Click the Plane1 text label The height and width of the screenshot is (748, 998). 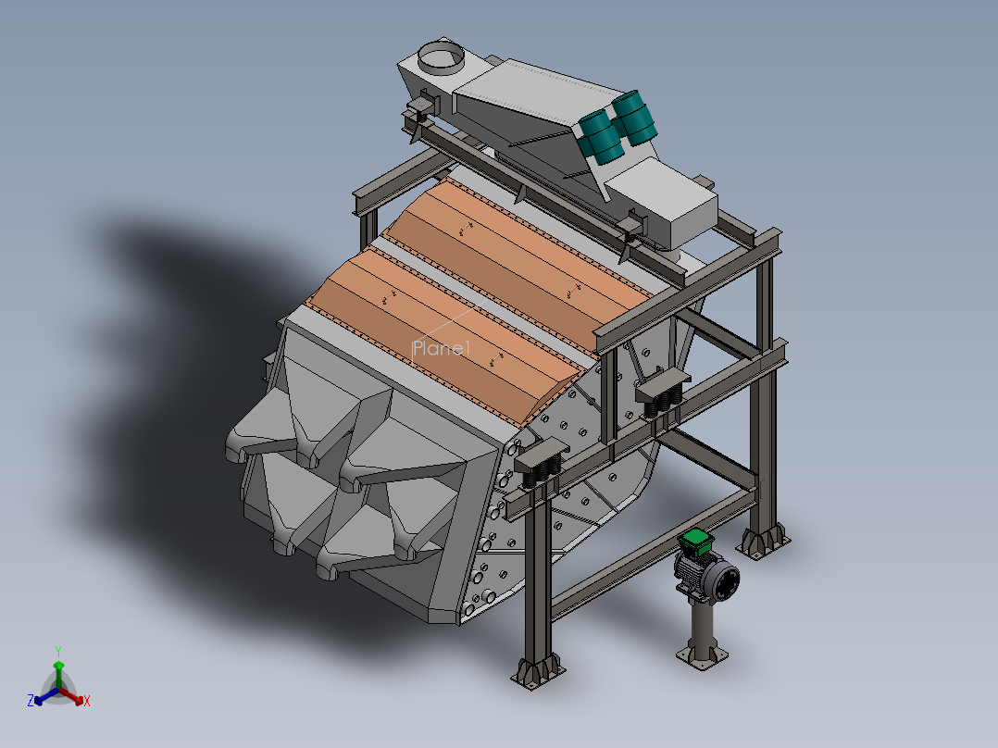[441, 348]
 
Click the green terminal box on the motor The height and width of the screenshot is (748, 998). [695, 542]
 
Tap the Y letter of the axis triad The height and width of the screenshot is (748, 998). [58, 651]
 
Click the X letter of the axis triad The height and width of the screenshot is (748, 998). [87, 701]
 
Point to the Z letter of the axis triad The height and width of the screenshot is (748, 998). [31, 700]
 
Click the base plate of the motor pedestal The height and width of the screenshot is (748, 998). [702, 657]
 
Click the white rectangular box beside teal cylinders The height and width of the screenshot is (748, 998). [662, 201]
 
